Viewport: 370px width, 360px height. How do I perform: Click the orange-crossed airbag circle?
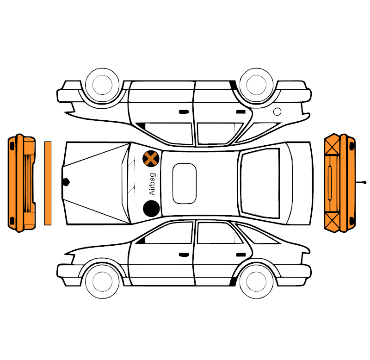(x=151, y=158)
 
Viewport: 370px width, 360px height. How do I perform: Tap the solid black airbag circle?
(x=151, y=209)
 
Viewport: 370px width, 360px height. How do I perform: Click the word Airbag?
(x=153, y=184)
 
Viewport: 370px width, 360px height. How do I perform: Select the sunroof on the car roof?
(x=184, y=183)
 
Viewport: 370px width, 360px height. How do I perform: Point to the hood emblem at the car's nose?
(x=66, y=182)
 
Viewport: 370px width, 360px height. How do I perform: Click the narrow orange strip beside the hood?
(x=48, y=183)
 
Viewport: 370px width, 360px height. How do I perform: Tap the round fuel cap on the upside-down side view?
(x=277, y=112)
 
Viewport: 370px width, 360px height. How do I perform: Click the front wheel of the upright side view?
(x=102, y=281)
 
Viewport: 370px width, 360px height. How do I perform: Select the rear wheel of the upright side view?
(x=256, y=281)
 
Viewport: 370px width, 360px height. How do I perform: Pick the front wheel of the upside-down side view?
(x=102, y=85)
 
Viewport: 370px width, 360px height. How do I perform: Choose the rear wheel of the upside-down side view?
(x=256, y=85)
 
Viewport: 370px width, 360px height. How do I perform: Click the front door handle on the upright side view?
(x=184, y=255)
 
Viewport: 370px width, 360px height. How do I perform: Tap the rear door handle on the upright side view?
(x=241, y=254)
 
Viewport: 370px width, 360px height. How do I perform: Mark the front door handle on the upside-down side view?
(x=184, y=112)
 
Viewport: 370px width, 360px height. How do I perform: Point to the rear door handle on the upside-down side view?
(x=241, y=112)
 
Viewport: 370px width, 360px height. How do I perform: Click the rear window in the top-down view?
(x=260, y=183)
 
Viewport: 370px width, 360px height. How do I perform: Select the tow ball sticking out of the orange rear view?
(x=365, y=182)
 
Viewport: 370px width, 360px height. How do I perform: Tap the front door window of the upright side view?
(x=167, y=233)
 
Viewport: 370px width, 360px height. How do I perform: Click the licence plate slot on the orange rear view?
(x=330, y=183)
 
